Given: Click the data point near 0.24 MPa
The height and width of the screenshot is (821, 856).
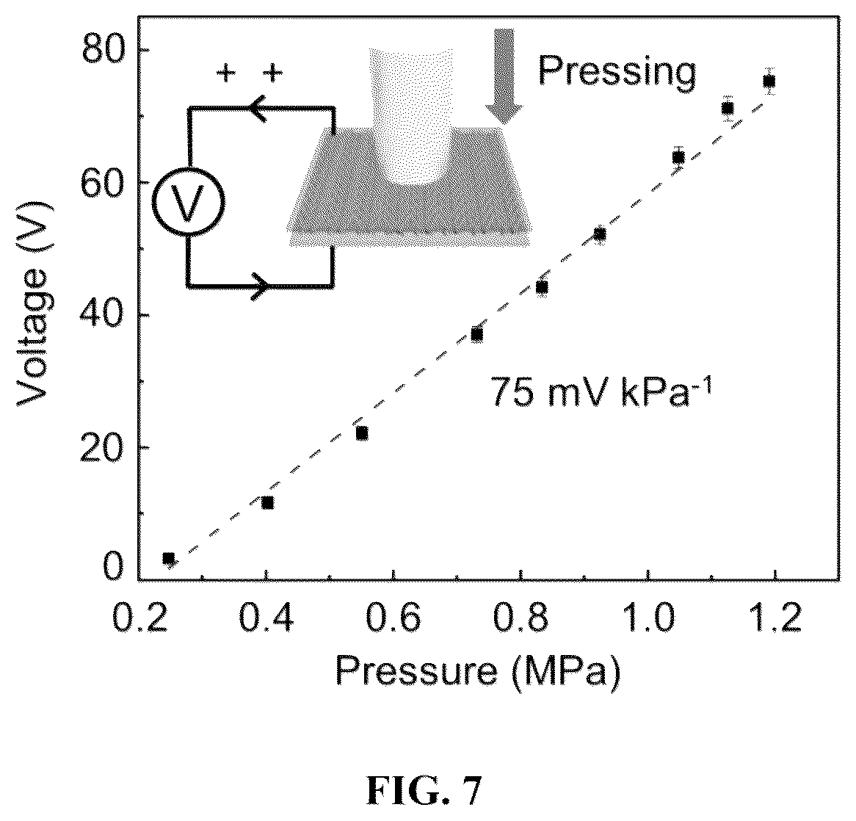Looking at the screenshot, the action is click(169, 558).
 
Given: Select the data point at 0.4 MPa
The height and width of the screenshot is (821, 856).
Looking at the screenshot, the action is click(267, 502).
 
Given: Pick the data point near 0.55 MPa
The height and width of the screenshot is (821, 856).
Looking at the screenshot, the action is click(361, 433).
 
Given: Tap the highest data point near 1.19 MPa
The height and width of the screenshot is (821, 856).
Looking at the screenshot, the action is click(769, 81).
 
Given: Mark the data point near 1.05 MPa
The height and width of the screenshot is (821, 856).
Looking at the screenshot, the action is click(678, 157).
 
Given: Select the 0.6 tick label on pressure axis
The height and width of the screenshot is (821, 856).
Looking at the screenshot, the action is click(393, 618).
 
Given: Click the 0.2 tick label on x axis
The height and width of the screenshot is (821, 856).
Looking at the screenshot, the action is click(139, 618).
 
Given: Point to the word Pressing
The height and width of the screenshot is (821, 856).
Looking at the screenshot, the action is click(617, 71).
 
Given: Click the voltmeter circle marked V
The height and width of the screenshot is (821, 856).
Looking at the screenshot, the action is click(188, 201).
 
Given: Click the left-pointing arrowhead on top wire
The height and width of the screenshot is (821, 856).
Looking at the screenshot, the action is click(258, 109).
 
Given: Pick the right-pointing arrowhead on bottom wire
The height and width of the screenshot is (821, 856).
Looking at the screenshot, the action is click(261, 286).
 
